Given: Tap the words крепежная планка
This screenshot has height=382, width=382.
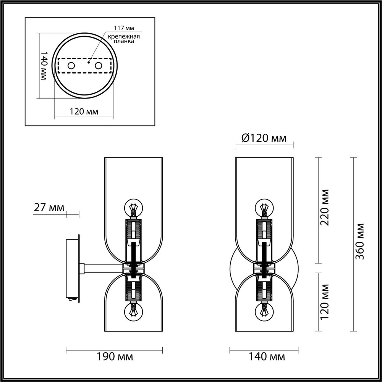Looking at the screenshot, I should (x=123, y=39).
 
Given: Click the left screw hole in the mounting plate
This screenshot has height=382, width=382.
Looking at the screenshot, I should (x=71, y=66).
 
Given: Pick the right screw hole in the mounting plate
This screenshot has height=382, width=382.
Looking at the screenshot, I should (x=99, y=66).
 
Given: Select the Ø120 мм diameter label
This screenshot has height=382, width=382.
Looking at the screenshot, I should (x=264, y=138).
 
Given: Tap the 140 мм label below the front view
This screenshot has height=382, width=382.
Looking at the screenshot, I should (x=267, y=357).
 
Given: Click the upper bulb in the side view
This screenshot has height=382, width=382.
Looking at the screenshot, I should (x=133, y=209).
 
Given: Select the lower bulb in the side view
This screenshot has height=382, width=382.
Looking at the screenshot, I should (x=133, y=312).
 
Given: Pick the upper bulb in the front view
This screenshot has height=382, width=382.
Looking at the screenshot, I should (x=264, y=209).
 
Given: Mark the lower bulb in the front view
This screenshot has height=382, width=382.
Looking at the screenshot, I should (x=264, y=312).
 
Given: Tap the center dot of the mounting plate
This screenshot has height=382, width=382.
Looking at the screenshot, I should (x=88, y=61).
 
